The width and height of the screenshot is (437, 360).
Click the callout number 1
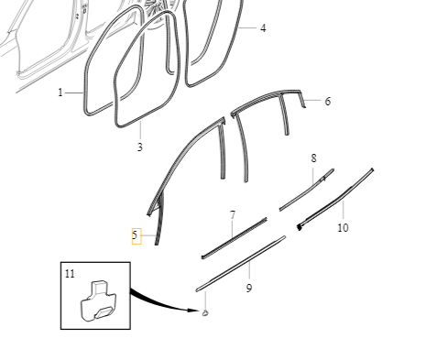[x=61, y=93]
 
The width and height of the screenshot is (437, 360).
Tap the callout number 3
[x=140, y=147]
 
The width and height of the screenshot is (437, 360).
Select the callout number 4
[x=263, y=28]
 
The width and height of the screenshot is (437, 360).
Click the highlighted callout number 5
[x=135, y=235]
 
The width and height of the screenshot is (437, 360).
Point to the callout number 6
[x=327, y=102]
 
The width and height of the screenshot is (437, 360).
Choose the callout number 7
[x=233, y=215]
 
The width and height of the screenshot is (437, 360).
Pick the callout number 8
[x=313, y=158]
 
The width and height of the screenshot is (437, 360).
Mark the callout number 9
[x=249, y=289]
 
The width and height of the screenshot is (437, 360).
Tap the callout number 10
[x=343, y=227]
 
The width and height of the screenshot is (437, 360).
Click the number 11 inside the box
[x=70, y=273]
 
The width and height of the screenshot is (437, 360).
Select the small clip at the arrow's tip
[x=204, y=313]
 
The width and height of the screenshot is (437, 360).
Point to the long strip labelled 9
[x=240, y=264]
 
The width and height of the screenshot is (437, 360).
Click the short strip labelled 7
[x=234, y=236]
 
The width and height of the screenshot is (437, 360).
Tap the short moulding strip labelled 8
[x=305, y=190]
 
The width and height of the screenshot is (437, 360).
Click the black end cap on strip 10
[x=299, y=226]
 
